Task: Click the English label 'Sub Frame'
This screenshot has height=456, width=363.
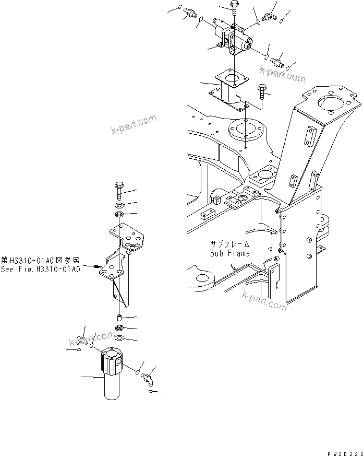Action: coord(230,253)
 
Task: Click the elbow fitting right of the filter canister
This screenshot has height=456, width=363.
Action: coord(148,377)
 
